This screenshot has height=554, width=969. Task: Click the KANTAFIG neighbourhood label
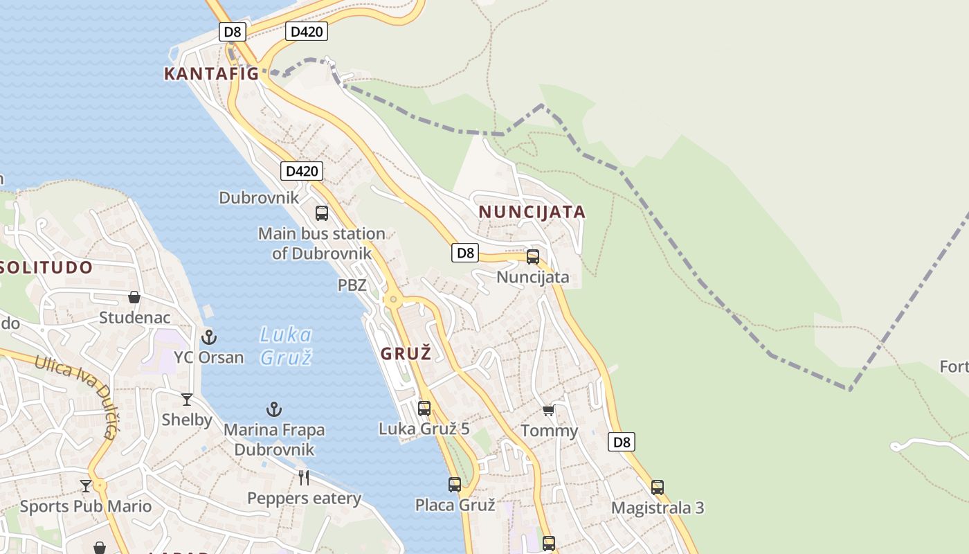[x=211, y=73]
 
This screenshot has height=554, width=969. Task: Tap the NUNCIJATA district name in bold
[x=532, y=212]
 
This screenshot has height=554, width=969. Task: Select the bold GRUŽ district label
[x=406, y=353]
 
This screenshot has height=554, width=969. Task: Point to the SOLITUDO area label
[x=46, y=267]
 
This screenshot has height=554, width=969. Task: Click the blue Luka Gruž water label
[x=285, y=346]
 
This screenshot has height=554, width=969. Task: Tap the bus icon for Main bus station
[x=322, y=213]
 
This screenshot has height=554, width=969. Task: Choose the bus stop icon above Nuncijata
[x=533, y=257]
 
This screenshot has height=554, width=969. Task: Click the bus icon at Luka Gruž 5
[x=424, y=409]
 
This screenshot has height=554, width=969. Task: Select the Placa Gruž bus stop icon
[x=455, y=485]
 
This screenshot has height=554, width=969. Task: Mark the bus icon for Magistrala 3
[x=658, y=488]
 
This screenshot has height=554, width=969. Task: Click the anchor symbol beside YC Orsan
[x=208, y=337]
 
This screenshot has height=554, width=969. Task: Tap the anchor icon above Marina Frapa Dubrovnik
[x=274, y=409]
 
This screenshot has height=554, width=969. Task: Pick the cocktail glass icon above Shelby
[x=187, y=400]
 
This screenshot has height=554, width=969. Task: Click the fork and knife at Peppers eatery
[x=303, y=477]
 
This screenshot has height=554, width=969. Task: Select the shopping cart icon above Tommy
[x=549, y=411]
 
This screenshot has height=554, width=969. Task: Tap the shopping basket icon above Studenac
[x=134, y=298]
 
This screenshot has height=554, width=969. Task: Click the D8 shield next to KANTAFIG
[x=233, y=31]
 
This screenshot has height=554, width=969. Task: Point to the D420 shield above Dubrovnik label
[x=302, y=171]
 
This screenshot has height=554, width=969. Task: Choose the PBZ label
[x=352, y=285]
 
